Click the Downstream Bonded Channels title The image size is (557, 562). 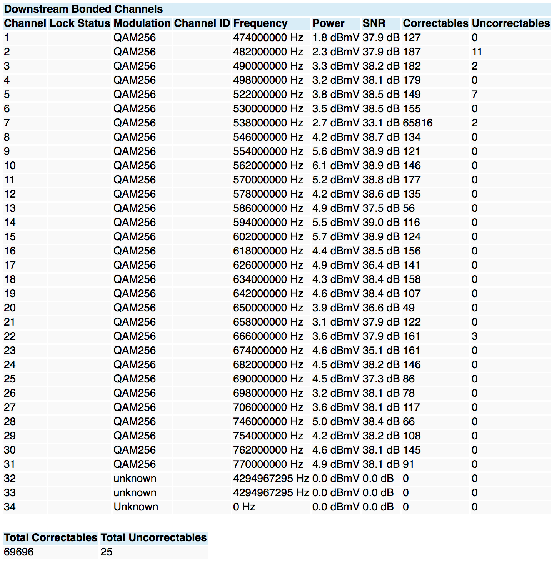[83, 9]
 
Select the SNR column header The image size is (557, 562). [374, 23]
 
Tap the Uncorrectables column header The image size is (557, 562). [510, 23]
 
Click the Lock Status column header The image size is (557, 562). [80, 23]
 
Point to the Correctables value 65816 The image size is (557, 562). [418, 123]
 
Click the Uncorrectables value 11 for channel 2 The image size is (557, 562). [477, 52]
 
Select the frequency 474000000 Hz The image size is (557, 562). [268, 38]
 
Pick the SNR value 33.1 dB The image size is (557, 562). [381, 123]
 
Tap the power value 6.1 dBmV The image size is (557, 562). [335, 166]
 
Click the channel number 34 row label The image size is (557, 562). [10, 507]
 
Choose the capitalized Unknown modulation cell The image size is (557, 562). [136, 507]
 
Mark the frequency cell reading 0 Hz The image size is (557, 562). [244, 507]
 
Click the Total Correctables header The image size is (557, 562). [51, 537]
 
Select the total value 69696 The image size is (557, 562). [19, 552]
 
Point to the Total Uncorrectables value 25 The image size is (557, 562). [107, 552]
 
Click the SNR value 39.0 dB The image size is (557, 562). [381, 223]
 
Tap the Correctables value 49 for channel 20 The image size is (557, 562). [409, 308]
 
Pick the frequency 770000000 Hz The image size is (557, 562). [268, 464]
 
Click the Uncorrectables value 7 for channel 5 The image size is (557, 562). [475, 95]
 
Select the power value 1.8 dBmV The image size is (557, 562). [335, 38]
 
